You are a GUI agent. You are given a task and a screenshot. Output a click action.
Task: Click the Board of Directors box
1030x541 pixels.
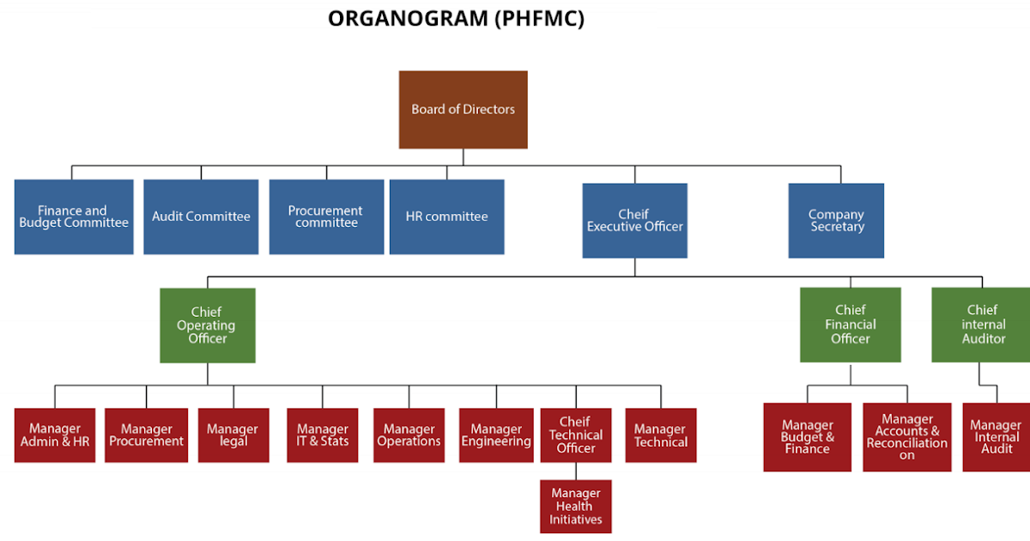[x=463, y=109]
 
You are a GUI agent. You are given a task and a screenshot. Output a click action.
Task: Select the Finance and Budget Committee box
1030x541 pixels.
[x=74, y=216]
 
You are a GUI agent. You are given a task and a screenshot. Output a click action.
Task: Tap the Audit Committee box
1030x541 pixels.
[x=201, y=216]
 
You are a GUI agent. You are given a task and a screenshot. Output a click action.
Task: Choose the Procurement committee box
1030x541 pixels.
[x=326, y=216]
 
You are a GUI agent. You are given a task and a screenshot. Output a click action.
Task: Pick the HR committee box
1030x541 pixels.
[x=446, y=216]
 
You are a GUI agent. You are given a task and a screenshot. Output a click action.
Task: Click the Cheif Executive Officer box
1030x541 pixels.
[x=634, y=221]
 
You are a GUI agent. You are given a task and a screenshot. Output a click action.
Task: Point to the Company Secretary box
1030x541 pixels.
[x=836, y=221]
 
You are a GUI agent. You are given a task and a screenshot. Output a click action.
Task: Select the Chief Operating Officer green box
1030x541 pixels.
[x=207, y=325]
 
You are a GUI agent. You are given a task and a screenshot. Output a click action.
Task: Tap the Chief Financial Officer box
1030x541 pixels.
[x=850, y=325]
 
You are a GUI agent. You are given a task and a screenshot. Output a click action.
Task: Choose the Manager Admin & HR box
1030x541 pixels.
[x=55, y=435]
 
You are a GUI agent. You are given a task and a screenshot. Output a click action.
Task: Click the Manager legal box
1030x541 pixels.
[x=233, y=435]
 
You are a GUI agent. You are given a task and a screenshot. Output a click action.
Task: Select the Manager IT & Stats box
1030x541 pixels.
[x=323, y=435]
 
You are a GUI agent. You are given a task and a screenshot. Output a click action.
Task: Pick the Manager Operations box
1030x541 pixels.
[x=409, y=435]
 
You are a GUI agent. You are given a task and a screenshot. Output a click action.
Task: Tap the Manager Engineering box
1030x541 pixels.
[x=496, y=435]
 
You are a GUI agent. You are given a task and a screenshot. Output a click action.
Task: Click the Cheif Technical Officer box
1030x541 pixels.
[x=575, y=435]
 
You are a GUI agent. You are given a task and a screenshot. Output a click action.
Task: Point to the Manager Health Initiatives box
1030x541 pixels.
[x=575, y=507]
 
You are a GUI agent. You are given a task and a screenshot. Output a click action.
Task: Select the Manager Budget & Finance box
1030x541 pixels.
[x=807, y=437]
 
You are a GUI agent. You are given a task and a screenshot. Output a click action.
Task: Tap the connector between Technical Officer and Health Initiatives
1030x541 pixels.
[x=575, y=471]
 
